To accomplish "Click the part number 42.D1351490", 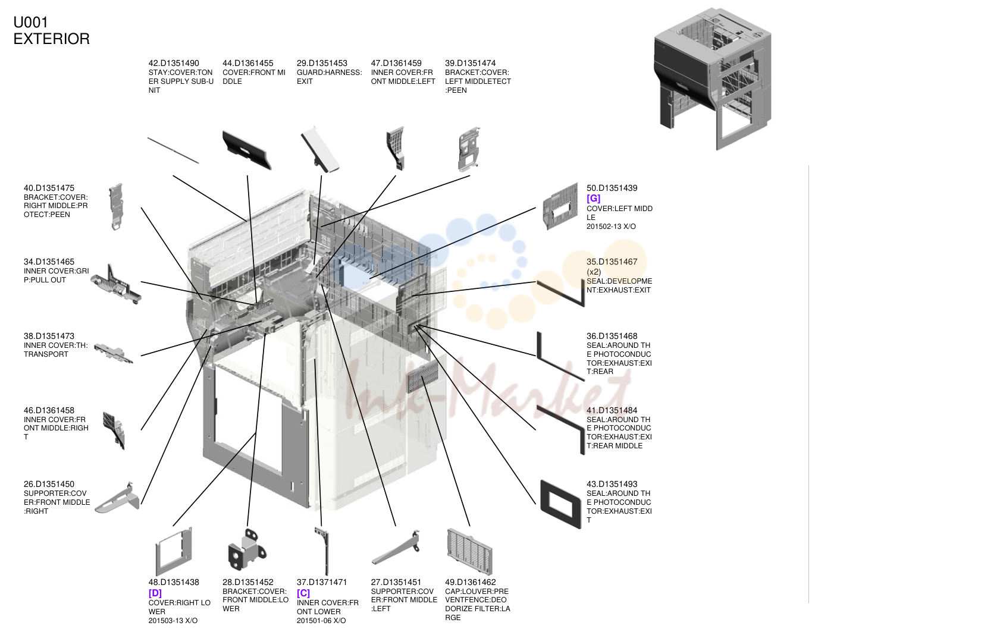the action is coord(174,64).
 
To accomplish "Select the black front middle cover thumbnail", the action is coord(246,150).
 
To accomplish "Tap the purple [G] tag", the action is coord(593,198).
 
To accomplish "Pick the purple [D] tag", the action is coord(155,593).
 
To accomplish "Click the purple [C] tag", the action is coord(303,593).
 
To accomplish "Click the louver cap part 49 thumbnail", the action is coord(469,552).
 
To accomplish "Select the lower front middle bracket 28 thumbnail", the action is coord(247,550).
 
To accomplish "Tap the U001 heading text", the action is coord(30,23).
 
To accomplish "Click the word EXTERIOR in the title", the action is coord(51,39).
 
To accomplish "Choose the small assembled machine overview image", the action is coord(713,79).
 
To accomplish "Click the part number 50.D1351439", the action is coord(612,188).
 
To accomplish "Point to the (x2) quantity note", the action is coord(593,272).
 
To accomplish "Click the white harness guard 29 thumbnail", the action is coord(320,150).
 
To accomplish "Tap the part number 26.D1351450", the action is coord(49,484).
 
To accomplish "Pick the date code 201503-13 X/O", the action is coord(173,621).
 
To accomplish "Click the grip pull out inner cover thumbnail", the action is coord(116,284).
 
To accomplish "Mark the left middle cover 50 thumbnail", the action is coord(560,206).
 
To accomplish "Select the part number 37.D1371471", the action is coord(321,582).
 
